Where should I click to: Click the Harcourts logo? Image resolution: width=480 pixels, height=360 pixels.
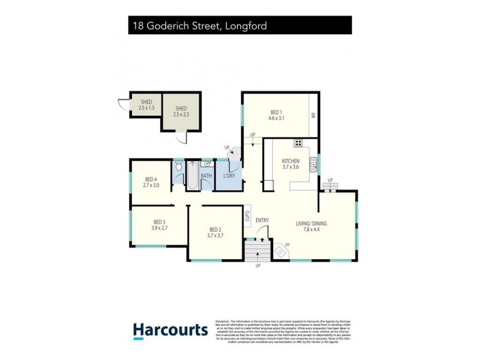(170, 329)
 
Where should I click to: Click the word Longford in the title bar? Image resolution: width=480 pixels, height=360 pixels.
(245, 26)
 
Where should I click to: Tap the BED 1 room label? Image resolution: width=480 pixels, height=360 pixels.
(275, 115)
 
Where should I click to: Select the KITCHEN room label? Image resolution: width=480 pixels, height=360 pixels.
(291, 164)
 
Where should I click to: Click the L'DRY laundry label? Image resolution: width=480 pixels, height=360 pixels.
(229, 176)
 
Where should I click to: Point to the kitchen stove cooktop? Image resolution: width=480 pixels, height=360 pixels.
(298, 143)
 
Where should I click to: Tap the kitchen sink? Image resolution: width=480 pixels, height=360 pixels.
(313, 163)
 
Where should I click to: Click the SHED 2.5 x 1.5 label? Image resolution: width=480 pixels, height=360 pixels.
(146, 105)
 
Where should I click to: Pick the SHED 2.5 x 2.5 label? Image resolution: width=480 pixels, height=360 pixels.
(181, 111)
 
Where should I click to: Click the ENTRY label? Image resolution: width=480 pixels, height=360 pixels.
(262, 220)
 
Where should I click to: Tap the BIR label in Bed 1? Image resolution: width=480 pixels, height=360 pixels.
(313, 116)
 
